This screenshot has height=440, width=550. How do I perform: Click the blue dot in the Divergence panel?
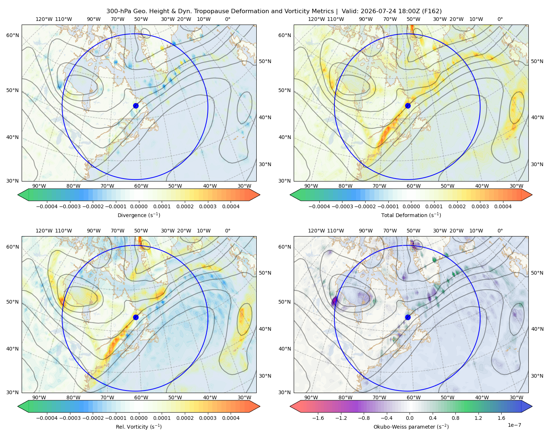pos(136,106)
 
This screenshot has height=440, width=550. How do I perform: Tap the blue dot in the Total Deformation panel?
pos(408,106)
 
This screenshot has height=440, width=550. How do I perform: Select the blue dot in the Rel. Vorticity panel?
pos(136,317)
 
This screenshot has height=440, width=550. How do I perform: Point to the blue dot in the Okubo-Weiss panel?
pos(408,317)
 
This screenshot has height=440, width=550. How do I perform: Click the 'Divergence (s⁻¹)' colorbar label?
pos(139,215)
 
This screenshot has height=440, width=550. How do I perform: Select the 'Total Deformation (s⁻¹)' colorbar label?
pos(411,215)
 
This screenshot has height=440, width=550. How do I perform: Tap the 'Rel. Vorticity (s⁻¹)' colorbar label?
pos(139,427)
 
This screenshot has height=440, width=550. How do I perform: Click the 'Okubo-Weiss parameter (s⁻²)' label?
pos(411,427)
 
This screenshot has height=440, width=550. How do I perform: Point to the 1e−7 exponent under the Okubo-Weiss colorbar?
pos(514,425)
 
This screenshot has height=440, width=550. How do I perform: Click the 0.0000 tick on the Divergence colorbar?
pos(139,206)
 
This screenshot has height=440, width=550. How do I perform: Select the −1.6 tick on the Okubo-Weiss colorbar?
pos(318,418)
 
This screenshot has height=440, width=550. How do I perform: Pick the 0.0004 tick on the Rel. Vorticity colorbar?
pos(231,418)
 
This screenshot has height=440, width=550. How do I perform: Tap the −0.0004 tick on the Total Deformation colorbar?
pos(319,206)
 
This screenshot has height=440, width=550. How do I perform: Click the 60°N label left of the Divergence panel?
pos(12,35)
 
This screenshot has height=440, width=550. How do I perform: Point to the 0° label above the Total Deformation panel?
pos(500,19)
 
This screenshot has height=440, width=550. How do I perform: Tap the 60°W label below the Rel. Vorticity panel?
pos(141,397)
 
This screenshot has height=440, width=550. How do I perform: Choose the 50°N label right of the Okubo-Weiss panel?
pos(537,273)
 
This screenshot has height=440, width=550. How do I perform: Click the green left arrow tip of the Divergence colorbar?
pos(18,195)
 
